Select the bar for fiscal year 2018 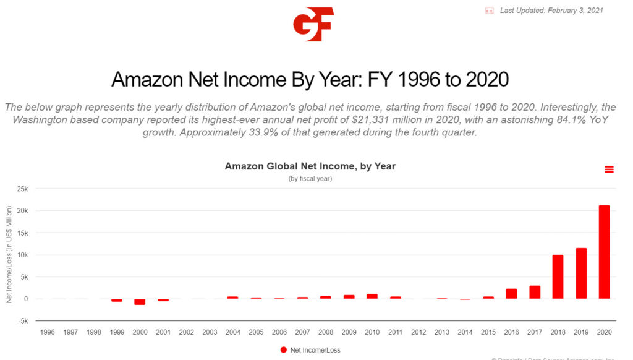click(558, 276)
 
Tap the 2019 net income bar click(581, 273)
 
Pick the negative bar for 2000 click(140, 302)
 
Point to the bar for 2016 click(511, 294)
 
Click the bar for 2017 click(535, 292)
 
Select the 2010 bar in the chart click(372, 296)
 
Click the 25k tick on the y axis click(22, 189)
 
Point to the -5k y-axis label click(22, 321)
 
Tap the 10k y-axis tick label click(22, 255)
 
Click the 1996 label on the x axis click(48, 332)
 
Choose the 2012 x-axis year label click(418, 332)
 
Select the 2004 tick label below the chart click(233, 332)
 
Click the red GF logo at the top click(313, 24)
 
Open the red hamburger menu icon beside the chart click(609, 169)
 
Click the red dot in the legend click(284, 350)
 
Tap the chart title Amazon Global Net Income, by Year click(310, 166)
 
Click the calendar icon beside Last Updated click(490, 11)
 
